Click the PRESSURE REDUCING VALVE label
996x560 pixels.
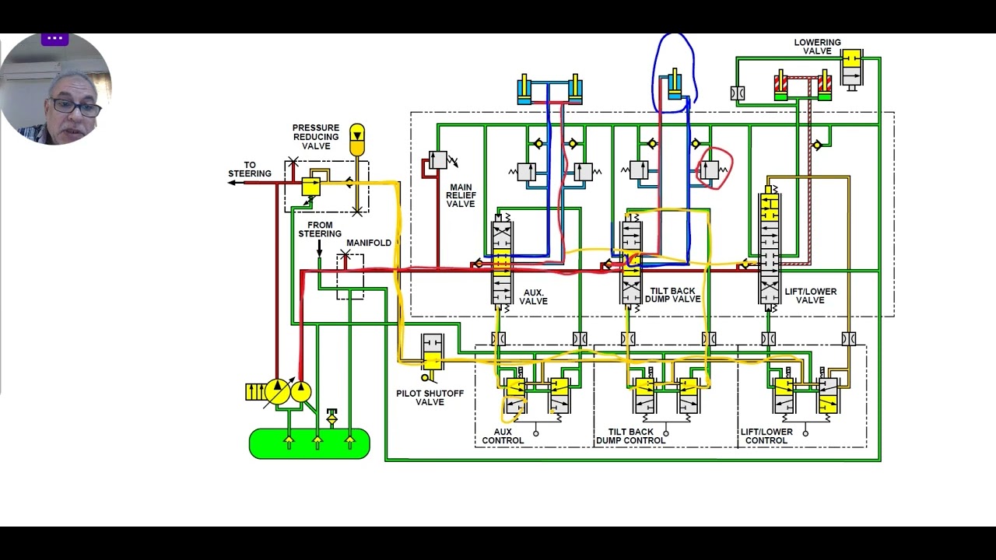[x=316, y=137]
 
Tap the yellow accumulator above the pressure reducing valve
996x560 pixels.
[x=357, y=140]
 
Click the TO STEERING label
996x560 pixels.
[x=250, y=170]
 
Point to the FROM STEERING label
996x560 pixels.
[x=320, y=229]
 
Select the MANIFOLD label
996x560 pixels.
[x=369, y=243]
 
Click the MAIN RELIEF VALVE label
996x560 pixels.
[x=461, y=195]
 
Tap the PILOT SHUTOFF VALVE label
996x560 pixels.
[x=430, y=397]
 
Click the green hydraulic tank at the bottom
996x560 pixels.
[x=310, y=443]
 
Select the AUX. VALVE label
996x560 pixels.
[x=533, y=297]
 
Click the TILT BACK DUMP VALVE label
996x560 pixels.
[x=672, y=295]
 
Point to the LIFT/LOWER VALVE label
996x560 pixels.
[x=810, y=296]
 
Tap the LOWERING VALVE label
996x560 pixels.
[x=817, y=47]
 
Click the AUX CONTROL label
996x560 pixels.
[x=503, y=436]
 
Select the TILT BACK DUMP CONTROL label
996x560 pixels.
[x=630, y=436]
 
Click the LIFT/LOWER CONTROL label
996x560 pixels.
[x=766, y=436]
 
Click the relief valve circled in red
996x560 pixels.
[x=710, y=170]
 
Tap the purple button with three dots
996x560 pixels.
[x=54, y=39]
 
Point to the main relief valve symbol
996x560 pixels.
[x=438, y=160]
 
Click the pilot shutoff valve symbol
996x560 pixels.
[x=432, y=352]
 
